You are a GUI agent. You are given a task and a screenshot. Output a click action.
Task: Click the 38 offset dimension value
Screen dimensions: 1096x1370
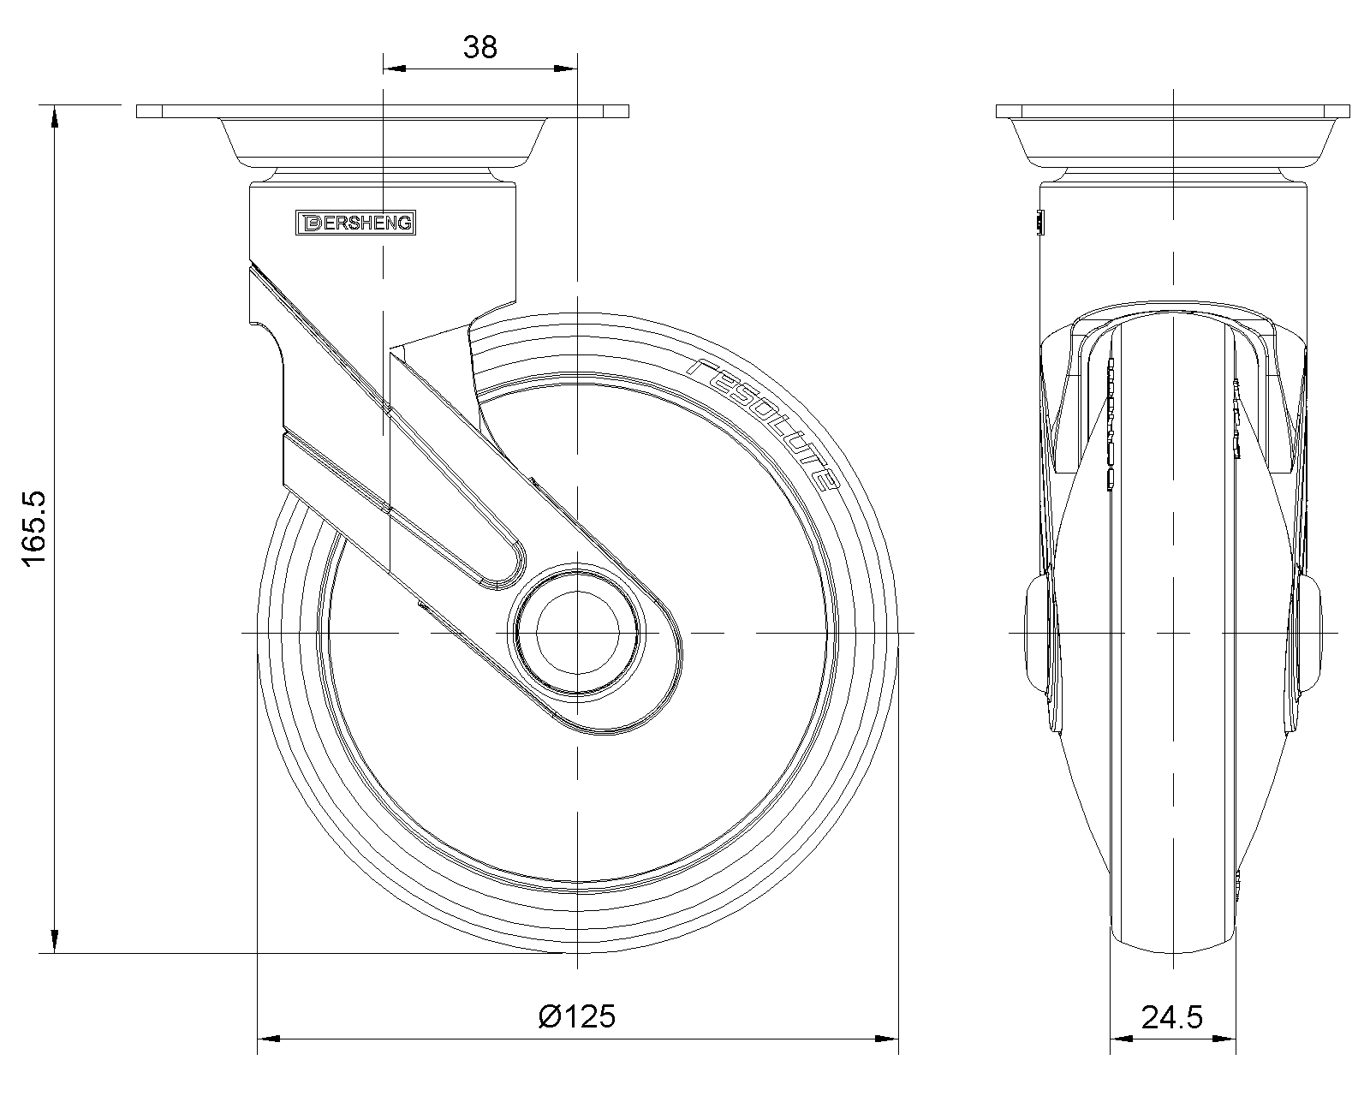coord(479,47)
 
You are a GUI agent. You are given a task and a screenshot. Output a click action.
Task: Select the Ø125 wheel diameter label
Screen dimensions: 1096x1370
coord(577,1016)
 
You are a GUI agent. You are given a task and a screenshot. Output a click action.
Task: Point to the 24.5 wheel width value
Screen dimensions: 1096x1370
coord(1172,1017)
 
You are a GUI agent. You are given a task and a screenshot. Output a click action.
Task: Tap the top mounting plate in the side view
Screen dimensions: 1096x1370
coord(383,111)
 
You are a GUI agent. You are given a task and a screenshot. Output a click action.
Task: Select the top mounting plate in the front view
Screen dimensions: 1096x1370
coord(1172,111)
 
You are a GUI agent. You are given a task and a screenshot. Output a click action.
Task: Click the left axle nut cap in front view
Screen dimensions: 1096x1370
coord(1037,633)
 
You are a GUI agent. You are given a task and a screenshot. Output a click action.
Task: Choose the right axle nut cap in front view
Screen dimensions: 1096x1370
coord(1310,633)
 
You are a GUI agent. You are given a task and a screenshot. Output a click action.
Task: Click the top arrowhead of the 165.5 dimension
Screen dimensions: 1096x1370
coord(55,116)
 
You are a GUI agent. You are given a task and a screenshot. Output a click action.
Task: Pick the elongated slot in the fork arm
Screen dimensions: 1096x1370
coord(454,505)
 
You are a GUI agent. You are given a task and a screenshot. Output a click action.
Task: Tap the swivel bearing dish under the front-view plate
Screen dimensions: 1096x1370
coord(1172,142)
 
